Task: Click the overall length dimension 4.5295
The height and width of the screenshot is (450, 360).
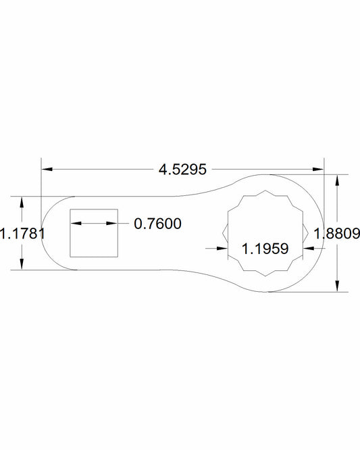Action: pyautogui.click(x=182, y=169)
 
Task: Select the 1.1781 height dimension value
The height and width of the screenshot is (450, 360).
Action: pyautogui.click(x=22, y=234)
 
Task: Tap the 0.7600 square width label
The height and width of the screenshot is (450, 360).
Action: pyautogui.click(x=157, y=224)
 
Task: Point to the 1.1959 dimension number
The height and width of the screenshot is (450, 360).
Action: pyautogui.click(x=265, y=248)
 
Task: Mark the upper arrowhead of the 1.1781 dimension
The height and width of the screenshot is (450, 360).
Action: pyautogui.click(x=22, y=202)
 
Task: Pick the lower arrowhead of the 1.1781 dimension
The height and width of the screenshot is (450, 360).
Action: pyautogui.click(x=22, y=265)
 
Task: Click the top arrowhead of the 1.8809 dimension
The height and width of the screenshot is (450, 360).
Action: pyautogui.click(x=337, y=180)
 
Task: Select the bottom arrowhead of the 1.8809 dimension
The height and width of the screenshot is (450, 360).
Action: pyautogui.click(x=337, y=286)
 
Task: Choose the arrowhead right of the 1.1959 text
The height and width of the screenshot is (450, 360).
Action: pyautogui.click(x=310, y=248)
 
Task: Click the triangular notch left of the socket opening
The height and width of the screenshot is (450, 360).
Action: pyautogui.click(x=225, y=234)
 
